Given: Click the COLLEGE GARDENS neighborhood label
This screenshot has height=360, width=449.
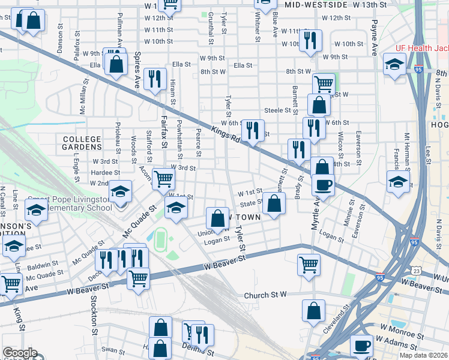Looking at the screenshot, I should pos(82,143).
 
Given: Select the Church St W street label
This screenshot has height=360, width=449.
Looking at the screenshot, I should pos(265,295).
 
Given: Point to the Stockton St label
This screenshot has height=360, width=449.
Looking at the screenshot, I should pos(94,314).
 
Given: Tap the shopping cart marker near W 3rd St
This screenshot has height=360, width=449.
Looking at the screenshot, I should pos(163,178).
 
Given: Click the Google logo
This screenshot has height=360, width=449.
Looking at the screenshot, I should pos(20,353).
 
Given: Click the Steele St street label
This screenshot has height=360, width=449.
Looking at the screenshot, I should pos(277,110).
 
